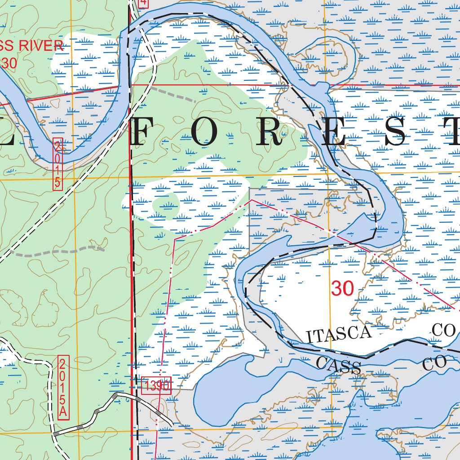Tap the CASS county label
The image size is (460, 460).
click(x=338, y=365)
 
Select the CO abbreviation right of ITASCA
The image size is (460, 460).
click(x=445, y=330)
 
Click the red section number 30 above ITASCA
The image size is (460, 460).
click(x=343, y=288)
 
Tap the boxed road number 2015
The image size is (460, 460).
click(x=57, y=164)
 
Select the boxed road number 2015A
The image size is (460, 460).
click(x=64, y=387)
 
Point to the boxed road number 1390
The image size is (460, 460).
click(x=156, y=385)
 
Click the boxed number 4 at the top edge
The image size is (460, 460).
click(x=143, y=3)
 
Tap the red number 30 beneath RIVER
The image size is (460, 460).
click(x=9, y=63)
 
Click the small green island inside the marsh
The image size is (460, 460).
click(x=166, y=206)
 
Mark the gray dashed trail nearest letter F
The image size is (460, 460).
click(x=173, y=94)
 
